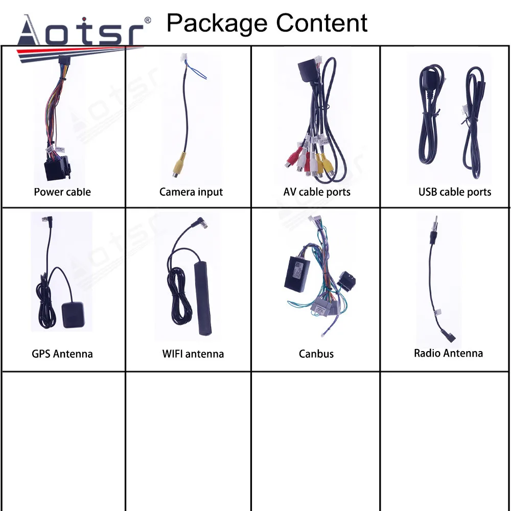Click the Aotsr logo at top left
coord(82,32)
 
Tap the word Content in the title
coord(322,23)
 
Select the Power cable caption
coord(62,192)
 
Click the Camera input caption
coord(191,192)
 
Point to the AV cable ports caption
coord(317,192)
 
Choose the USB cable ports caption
coord(454,192)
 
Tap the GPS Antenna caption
coord(62,354)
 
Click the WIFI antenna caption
coord(193,354)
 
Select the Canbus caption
coord(316,354)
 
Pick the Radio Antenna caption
coord(448,353)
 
